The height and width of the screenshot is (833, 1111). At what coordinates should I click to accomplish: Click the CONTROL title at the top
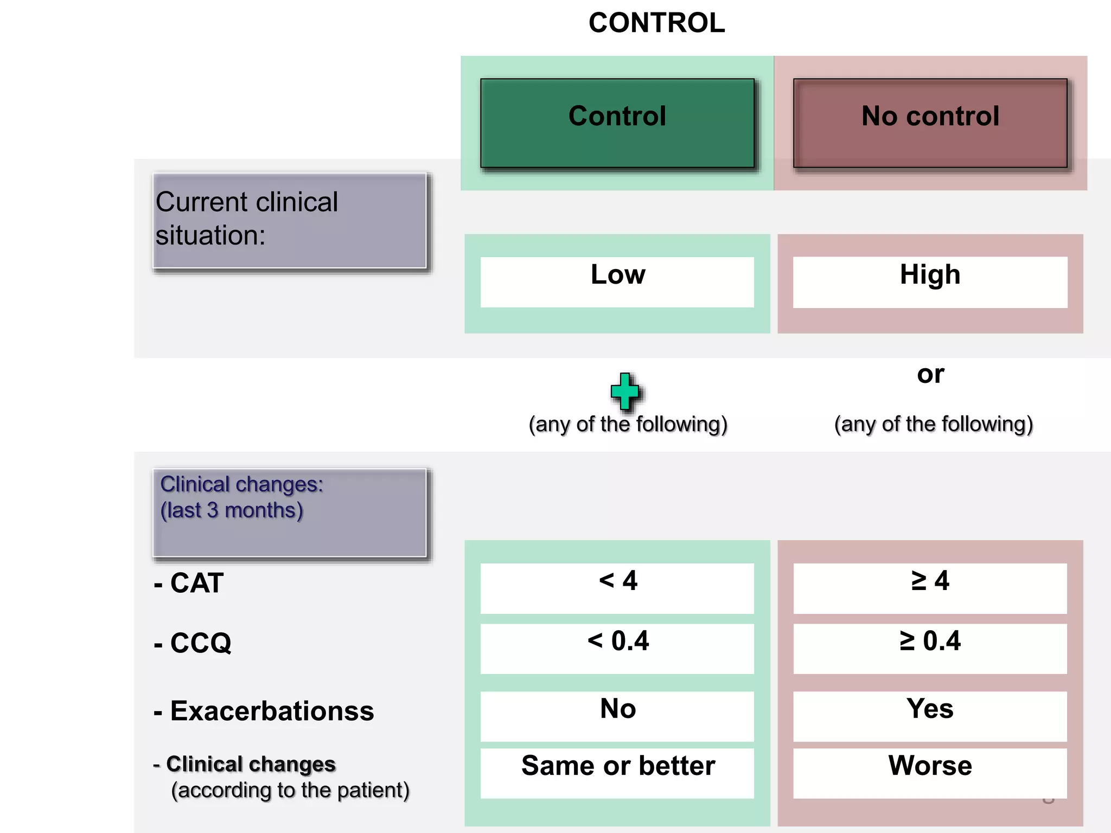(656, 23)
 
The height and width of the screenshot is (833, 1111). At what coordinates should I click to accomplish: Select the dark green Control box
(617, 123)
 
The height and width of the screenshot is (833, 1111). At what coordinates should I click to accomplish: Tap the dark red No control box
(930, 123)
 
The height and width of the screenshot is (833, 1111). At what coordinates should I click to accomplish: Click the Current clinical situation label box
(290, 221)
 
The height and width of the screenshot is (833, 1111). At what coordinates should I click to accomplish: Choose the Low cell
(617, 281)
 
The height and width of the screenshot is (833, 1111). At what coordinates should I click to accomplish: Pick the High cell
(930, 281)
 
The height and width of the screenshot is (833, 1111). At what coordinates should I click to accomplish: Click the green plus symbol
(625, 390)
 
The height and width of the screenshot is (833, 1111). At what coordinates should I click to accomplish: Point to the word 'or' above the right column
(930, 374)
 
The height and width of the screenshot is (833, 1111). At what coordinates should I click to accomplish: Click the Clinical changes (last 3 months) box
(290, 512)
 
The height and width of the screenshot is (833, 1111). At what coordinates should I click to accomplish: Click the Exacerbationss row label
(265, 711)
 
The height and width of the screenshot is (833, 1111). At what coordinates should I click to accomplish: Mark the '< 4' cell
(617, 588)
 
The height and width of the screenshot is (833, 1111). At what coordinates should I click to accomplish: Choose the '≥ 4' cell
(930, 588)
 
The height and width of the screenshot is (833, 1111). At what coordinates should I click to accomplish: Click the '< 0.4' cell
(617, 648)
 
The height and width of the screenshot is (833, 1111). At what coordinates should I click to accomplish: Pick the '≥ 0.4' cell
(930, 648)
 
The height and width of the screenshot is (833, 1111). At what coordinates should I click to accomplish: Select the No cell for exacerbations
(617, 715)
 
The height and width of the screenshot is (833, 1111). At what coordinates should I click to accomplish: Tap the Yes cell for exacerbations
(930, 715)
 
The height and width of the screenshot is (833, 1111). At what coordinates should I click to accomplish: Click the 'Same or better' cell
(617, 772)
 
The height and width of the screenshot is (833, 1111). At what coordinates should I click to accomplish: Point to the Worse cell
(930, 772)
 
